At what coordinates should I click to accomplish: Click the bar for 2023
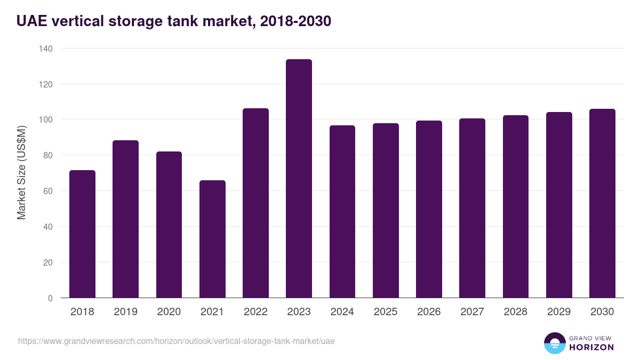pyautogui.click(x=299, y=179)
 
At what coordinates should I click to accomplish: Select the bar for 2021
pyautogui.click(x=212, y=239)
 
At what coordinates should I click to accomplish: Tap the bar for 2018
pyautogui.click(x=82, y=234)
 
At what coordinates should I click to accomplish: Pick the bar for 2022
pyautogui.click(x=255, y=203)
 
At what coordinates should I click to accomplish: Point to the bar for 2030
pyautogui.click(x=602, y=203)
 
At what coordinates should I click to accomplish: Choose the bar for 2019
pyautogui.click(x=125, y=219)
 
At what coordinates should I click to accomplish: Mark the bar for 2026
pyautogui.click(x=429, y=209)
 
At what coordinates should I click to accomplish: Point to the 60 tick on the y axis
pyautogui.click(x=48, y=191)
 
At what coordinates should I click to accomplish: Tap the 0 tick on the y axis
pyautogui.click(x=50, y=298)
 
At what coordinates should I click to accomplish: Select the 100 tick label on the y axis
pyautogui.click(x=46, y=119)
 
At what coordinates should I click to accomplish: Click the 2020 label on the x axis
pyautogui.click(x=169, y=312)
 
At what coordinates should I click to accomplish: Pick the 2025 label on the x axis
pyautogui.click(x=386, y=312)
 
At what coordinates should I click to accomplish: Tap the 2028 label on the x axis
pyautogui.click(x=516, y=312)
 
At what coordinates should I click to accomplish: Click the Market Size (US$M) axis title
pyautogui.click(x=21, y=173)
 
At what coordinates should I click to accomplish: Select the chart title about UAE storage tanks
pyautogui.click(x=174, y=21)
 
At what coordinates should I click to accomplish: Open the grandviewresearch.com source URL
pyautogui.click(x=177, y=341)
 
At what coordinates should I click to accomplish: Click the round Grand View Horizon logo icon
pyautogui.click(x=554, y=343)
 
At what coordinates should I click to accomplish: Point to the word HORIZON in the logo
pyautogui.click(x=591, y=347)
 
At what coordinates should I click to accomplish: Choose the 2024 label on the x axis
pyautogui.click(x=342, y=312)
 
